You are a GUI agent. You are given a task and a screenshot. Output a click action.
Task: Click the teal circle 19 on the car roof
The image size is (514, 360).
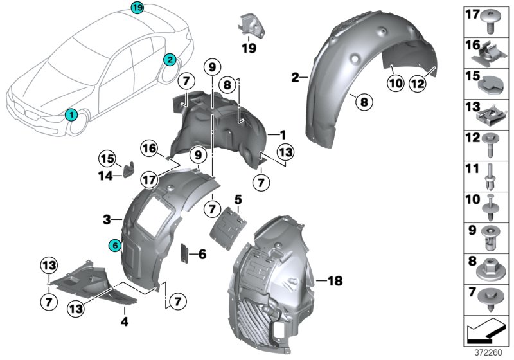click(x=137, y=8)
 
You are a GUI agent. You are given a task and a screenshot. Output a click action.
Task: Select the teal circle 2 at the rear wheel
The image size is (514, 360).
click(x=170, y=60)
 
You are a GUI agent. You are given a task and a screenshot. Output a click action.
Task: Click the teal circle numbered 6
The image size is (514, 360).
click(x=114, y=245)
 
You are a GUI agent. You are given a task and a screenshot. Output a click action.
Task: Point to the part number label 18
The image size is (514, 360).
click(x=335, y=281)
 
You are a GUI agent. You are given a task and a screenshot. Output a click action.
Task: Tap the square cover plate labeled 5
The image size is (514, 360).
click(x=231, y=225)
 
